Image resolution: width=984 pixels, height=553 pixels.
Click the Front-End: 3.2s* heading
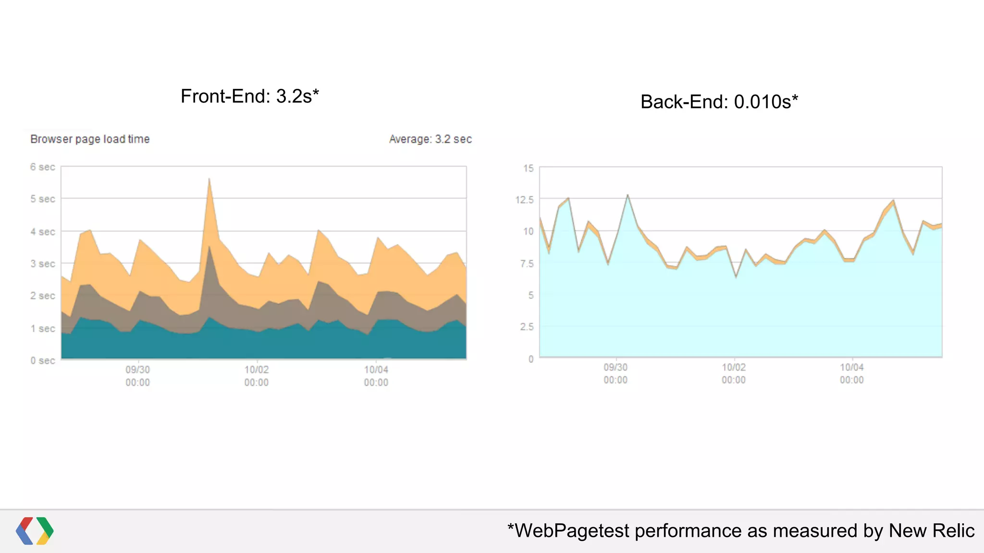[249, 96]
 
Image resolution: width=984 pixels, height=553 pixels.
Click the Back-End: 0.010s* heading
[719, 102]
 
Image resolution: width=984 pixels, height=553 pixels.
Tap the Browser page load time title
[90, 139]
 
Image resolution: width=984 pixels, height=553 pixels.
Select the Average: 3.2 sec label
[430, 139]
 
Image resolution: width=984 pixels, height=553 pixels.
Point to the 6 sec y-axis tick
[42, 167]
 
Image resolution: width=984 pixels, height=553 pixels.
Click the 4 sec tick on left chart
[42, 232]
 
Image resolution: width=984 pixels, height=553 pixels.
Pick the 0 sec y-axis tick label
[42, 361]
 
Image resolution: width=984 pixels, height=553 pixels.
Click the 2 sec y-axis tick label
[42, 296]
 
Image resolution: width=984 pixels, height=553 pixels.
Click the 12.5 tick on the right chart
[524, 200]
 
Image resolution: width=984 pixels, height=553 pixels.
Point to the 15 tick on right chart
[529, 168]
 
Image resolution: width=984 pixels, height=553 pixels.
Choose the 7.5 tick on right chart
[527, 264]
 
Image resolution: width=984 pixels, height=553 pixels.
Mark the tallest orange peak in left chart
[209, 180]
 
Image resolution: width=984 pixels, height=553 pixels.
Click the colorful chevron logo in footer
[35, 531]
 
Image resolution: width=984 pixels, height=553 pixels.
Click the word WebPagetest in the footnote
[572, 531]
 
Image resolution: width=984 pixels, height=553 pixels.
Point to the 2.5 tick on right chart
[527, 327]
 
